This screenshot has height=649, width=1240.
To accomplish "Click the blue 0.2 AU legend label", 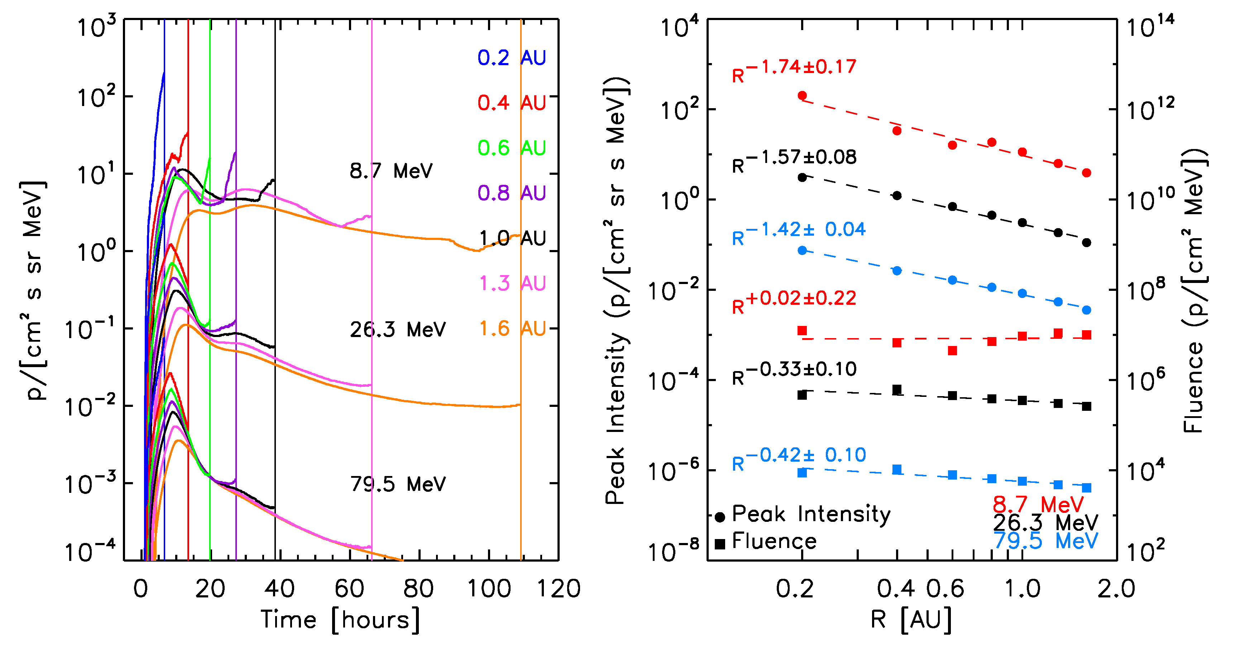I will pyautogui.click(x=511, y=58).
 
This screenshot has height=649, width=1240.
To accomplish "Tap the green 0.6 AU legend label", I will pyautogui.click(x=511, y=148).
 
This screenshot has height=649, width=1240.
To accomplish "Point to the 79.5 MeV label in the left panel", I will pyautogui.click(x=398, y=484).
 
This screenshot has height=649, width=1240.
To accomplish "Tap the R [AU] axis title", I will pyautogui.click(x=911, y=619).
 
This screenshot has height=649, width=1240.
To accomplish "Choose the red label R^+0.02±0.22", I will pyautogui.click(x=794, y=302).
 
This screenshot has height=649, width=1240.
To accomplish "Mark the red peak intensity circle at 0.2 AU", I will pyautogui.click(x=802, y=96).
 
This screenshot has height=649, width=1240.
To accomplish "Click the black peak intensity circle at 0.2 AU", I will pyautogui.click(x=802, y=178).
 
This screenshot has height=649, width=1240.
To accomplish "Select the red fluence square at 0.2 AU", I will pyautogui.click(x=802, y=331).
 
